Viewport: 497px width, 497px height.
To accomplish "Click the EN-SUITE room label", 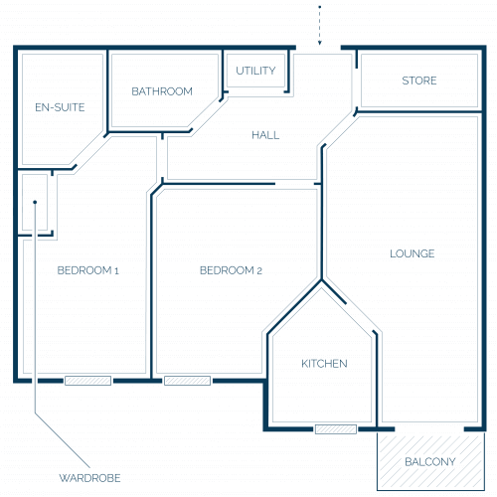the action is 60,107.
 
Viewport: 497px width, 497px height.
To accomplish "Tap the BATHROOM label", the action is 162,91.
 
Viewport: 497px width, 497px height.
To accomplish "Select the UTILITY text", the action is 255,71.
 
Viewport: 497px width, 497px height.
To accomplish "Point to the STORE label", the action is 419,81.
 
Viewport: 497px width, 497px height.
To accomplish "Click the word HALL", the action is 265,135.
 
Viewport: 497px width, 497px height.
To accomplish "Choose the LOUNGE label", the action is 413,253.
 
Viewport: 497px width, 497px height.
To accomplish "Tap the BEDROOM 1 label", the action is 87,270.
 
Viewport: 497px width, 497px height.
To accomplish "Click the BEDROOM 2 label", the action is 231,270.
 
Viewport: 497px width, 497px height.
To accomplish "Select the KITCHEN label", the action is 324,364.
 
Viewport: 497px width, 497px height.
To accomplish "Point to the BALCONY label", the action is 430,461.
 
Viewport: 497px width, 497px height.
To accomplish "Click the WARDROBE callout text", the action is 89,478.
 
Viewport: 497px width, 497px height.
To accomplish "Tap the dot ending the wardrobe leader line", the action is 35,202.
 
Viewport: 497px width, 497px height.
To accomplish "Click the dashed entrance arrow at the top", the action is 320,25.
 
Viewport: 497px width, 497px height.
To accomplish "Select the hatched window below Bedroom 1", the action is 87,381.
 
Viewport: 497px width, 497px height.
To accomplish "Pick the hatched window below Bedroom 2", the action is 187,381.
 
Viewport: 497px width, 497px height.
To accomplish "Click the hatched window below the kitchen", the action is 336,429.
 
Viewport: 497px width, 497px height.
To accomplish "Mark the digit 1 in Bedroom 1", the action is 116,271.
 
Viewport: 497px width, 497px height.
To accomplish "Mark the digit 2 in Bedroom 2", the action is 259,271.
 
